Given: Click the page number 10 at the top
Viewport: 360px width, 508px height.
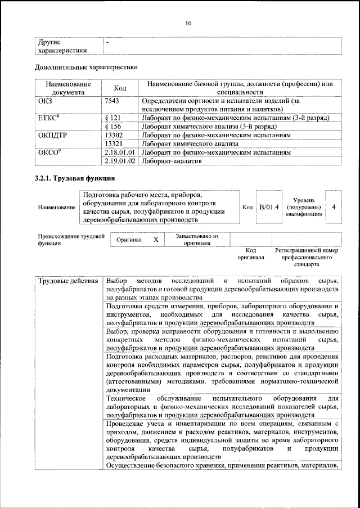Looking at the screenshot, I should pos(188,23).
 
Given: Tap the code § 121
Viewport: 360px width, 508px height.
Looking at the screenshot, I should pos(114,118).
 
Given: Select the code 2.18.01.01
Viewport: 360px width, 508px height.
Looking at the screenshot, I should pos(120,152).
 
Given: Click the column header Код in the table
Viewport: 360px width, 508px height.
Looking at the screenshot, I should pos(120,88).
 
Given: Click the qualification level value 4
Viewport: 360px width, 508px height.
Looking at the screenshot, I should pos(334,207).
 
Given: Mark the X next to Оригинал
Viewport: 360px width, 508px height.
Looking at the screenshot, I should pos(156,240).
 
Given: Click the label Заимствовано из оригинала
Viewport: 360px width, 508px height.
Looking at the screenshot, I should pos(197,240).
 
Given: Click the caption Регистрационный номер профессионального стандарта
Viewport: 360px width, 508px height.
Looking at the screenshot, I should pos(306,257).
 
